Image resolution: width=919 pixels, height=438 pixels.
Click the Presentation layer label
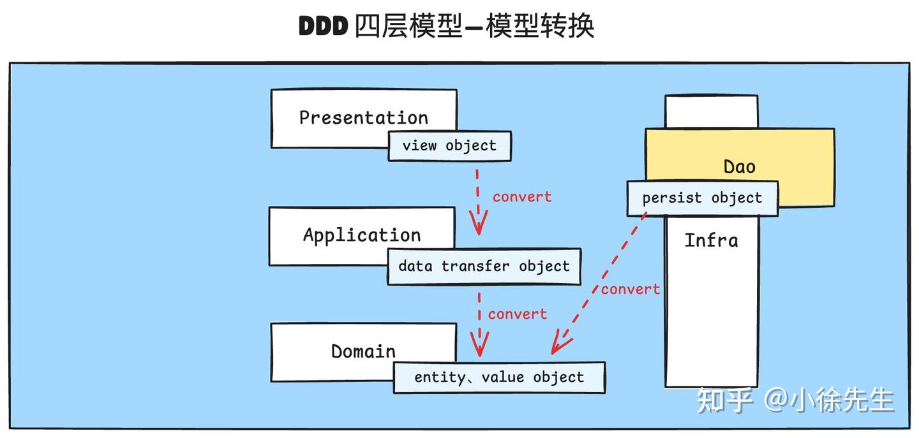[363, 118]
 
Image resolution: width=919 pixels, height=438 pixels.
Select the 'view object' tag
[449, 146]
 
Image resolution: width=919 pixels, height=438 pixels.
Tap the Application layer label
[362, 235]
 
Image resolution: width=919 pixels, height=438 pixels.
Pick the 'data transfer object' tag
[484, 266]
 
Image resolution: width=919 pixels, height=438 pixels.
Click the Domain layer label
[363, 351]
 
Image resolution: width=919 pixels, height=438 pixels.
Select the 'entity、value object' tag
[499, 377]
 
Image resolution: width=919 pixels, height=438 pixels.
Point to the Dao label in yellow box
[739, 167]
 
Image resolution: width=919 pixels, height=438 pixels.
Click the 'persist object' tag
[702, 198]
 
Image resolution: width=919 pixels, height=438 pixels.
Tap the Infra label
[711, 240]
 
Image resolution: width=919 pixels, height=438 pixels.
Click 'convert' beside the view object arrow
[521, 197]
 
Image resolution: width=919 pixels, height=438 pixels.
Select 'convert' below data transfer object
[517, 314]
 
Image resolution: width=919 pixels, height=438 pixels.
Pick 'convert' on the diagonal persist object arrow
[630, 289]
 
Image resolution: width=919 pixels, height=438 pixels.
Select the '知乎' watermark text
[725, 400]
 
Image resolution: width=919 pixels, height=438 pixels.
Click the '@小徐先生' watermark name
[830, 400]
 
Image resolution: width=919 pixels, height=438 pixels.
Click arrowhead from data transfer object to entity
[479, 347]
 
